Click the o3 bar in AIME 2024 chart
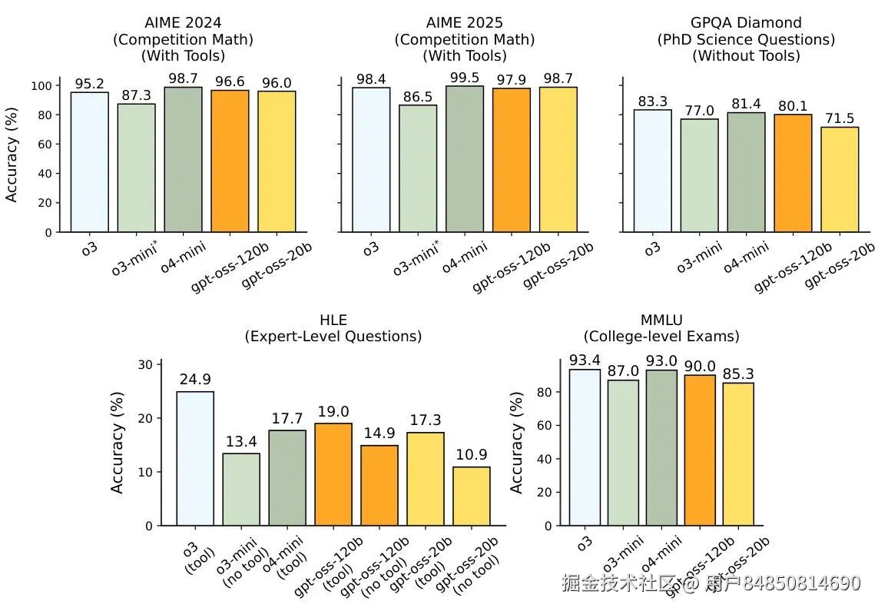point(89,162)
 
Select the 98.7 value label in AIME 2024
point(183,78)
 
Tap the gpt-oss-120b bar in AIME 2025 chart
point(511,160)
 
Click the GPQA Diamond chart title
point(745,38)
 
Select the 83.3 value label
point(652,101)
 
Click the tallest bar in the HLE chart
point(195,459)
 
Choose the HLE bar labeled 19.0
point(333,474)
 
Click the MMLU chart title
point(661,327)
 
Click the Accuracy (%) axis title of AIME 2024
point(12,154)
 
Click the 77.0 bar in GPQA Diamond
point(699,175)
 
